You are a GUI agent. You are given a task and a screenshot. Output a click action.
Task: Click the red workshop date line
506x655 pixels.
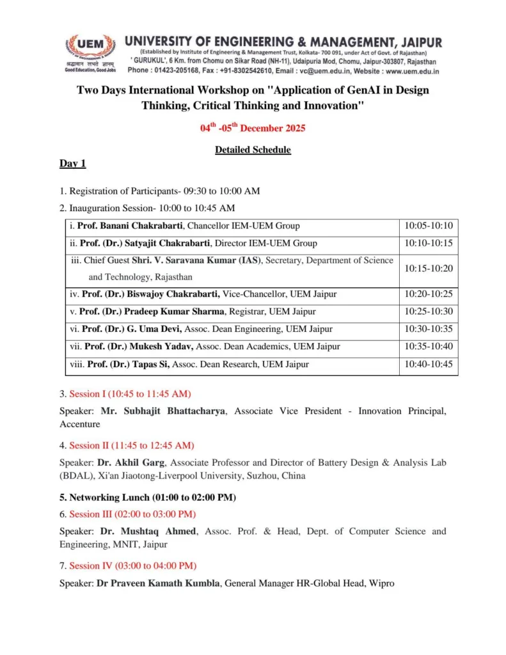[253, 128]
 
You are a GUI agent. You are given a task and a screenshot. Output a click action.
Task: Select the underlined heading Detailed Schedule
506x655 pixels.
[253, 150]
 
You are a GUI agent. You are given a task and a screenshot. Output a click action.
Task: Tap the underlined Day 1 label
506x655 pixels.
[72, 164]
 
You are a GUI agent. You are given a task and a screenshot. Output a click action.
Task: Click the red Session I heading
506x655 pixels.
[130, 393]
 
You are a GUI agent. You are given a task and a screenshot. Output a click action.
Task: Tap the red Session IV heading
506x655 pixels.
[132, 565]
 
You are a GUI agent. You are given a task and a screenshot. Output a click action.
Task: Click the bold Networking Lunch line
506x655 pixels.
[148, 497]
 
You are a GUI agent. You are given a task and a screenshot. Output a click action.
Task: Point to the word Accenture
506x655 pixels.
[80, 424]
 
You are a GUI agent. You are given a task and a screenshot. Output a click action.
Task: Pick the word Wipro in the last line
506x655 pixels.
[382, 583]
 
